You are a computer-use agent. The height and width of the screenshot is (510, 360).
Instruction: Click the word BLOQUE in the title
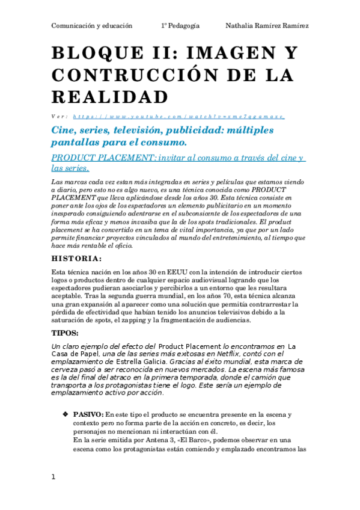pos(91,55)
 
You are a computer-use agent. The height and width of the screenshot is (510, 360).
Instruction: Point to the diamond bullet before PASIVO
pos(65,415)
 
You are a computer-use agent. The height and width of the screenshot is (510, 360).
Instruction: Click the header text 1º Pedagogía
pos(180,25)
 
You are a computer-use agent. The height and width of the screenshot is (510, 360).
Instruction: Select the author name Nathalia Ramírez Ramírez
pos(267,25)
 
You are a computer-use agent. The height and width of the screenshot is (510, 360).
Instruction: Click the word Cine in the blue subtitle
pos(65,131)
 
